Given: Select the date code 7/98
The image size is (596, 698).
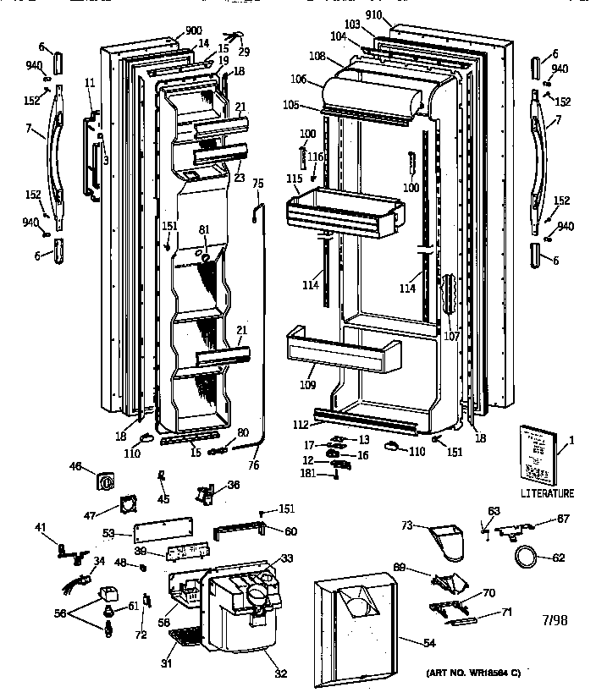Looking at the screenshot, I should click(x=554, y=620).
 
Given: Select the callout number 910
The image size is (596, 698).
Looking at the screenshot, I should click(x=374, y=17).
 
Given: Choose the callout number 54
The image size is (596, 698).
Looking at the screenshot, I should click(x=429, y=645).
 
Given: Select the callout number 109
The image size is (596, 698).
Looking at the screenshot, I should click(x=307, y=386).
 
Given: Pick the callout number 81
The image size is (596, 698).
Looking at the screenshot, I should click(x=203, y=230).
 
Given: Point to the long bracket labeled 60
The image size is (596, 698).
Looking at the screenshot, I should click(x=240, y=529).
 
